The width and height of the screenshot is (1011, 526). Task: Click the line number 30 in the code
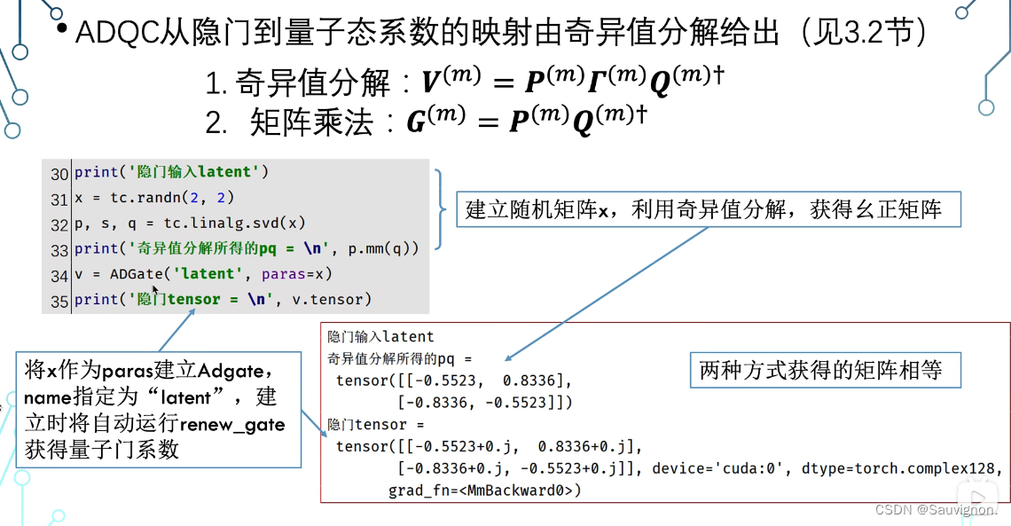(x=59, y=173)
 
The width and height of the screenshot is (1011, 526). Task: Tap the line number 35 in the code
(x=59, y=301)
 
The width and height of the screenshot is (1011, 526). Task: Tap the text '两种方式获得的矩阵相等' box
(x=820, y=370)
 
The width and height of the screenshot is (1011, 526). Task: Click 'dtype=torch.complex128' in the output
(x=896, y=467)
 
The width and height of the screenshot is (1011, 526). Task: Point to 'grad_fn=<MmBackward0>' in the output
(x=484, y=490)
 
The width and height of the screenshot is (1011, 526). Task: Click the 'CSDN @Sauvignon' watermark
(x=936, y=510)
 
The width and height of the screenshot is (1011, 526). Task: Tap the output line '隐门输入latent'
(x=381, y=336)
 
